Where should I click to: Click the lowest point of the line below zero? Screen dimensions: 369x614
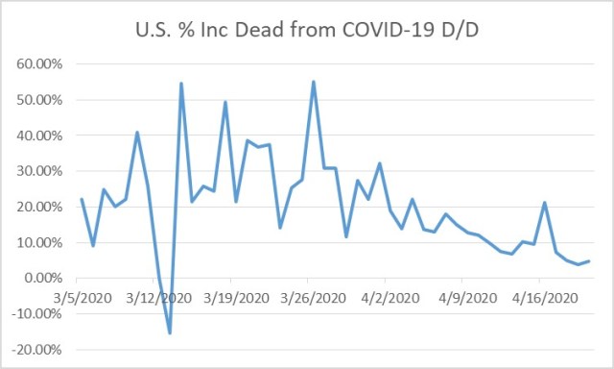170,332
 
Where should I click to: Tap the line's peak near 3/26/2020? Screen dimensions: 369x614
314,82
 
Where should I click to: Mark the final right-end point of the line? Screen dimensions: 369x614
589,260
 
